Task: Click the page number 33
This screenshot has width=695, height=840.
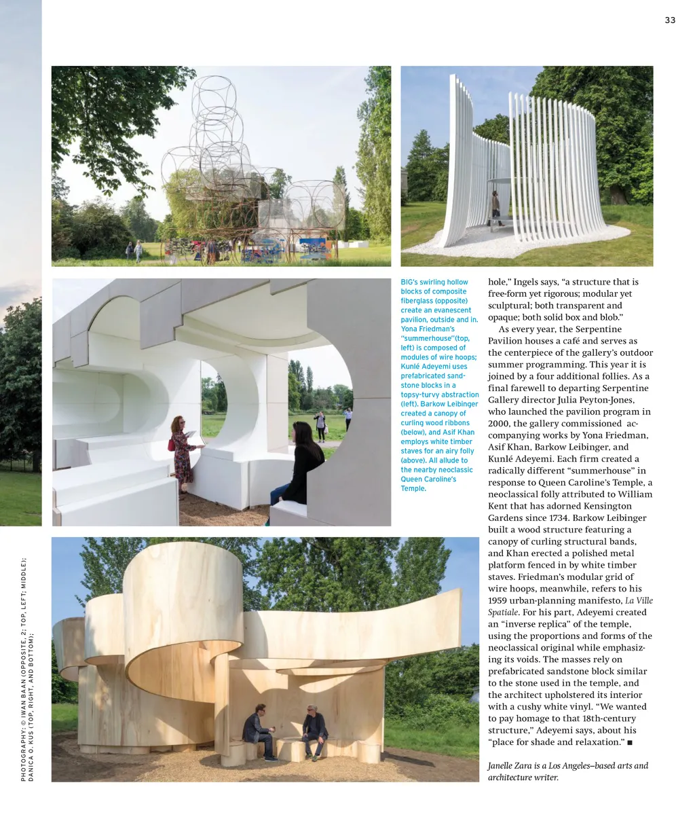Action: click(670, 20)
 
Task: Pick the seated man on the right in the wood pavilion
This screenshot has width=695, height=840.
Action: click(314, 731)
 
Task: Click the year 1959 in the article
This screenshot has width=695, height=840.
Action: click(500, 600)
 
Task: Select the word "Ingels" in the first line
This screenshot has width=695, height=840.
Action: click(527, 282)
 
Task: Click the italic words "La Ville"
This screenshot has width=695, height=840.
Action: click(639, 600)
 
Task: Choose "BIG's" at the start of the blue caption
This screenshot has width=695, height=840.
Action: click(409, 282)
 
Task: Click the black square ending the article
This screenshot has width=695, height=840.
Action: click(630, 743)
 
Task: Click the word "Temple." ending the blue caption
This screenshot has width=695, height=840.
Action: click(413, 489)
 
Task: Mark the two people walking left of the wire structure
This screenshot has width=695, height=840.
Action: click(134, 251)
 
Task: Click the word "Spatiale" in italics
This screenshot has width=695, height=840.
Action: click(503, 613)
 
